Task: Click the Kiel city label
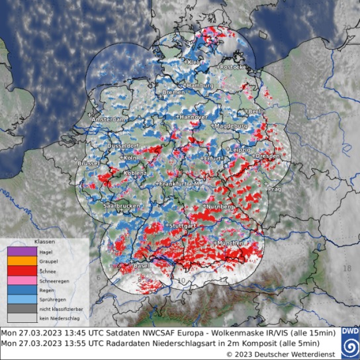tap(193, 63)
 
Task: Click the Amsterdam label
tap(108, 118)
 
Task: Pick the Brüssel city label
tap(86, 163)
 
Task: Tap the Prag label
tap(275, 189)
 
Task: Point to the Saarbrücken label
tap(122, 206)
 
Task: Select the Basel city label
tap(141, 266)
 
